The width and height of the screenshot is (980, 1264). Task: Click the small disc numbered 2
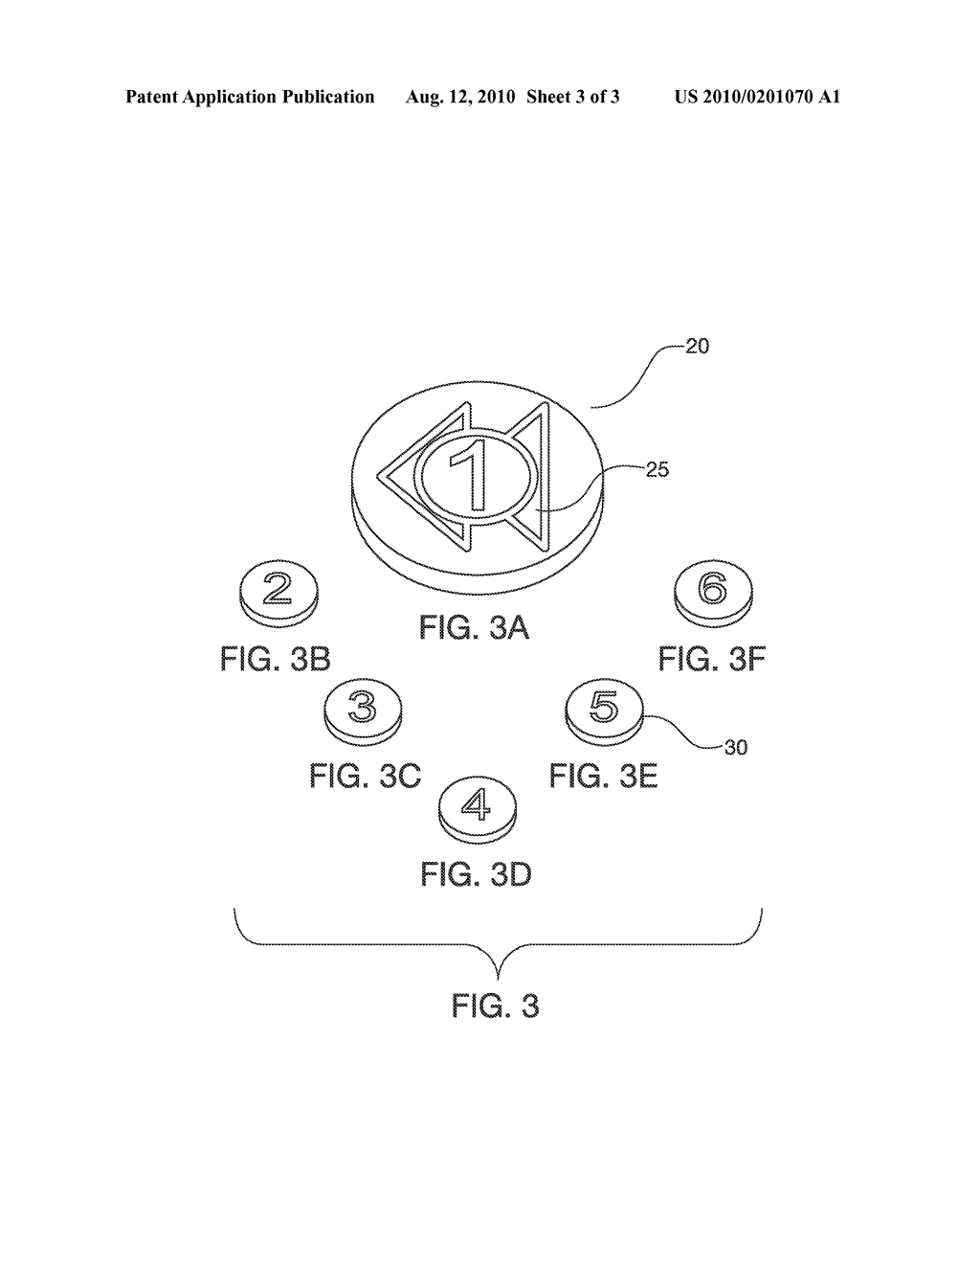pyautogui.click(x=279, y=594)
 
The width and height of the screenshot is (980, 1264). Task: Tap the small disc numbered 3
pyautogui.click(x=363, y=711)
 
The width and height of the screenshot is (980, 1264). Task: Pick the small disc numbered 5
pyautogui.click(x=605, y=711)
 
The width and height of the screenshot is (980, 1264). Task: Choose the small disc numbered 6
pyautogui.click(x=713, y=594)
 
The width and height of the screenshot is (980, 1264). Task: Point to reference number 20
pyautogui.click(x=697, y=347)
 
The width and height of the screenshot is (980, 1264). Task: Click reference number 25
pyautogui.click(x=657, y=469)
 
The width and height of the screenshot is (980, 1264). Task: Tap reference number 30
pyautogui.click(x=735, y=748)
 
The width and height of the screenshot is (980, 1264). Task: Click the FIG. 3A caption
pyautogui.click(x=475, y=629)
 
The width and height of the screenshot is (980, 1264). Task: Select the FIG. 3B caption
pyautogui.click(x=276, y=660)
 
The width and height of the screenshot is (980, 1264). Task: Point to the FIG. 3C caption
pyautogui.click(x=365, y=776)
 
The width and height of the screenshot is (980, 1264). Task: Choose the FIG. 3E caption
pyautogui.click(x=603, y=776)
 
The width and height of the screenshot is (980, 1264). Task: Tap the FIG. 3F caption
pyautogui.click(x=711, y=660)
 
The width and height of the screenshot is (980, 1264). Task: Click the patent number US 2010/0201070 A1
pyautogui.click(x=757, y=97)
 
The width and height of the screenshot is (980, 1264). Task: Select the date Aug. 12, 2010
pyautogui.click(x=459, y=97)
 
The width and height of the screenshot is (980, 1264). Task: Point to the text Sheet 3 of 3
pyautogui.click(x=572, y=97)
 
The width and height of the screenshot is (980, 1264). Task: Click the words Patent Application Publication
pyautogui.click(x=250, y=97)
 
